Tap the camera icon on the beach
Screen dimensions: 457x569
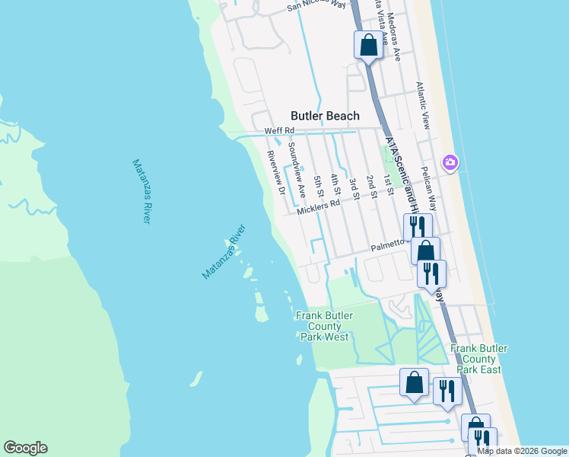(x=450, y=162)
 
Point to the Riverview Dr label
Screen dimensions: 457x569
(x=275, y=172)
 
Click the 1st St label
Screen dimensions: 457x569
(x=388, y=184)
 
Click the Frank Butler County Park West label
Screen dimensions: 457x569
(x=322, y=326)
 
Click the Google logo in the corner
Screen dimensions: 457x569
(x=26, y=448)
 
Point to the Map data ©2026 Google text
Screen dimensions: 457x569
(x=522, y=452)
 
